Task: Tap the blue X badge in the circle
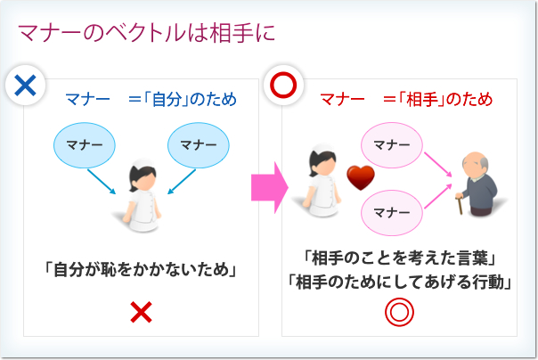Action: tap(25, 86)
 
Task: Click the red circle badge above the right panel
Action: tap(283, 86)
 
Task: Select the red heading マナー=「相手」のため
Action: tap(406, 99)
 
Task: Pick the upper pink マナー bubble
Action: tap(393, 143)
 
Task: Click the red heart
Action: tap(359, 177)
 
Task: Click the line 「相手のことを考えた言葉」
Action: tap(399, 258)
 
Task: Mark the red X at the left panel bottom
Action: tap(141, 312)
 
